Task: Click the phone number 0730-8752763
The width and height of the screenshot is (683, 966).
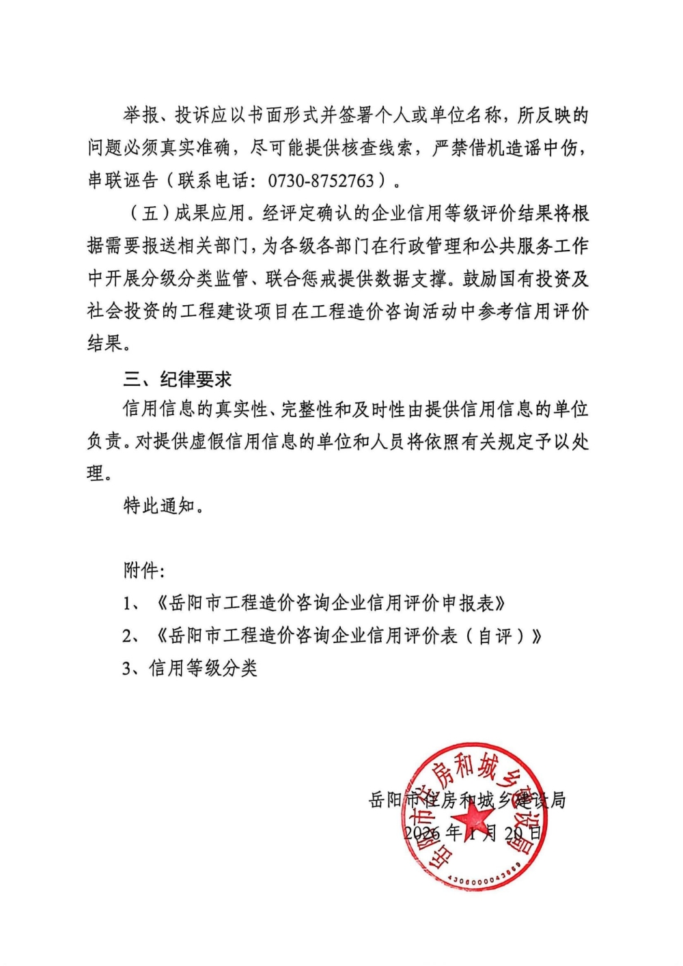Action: point(321,181)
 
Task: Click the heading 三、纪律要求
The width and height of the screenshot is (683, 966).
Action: point(178,379)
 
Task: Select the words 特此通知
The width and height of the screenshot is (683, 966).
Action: point(159,506)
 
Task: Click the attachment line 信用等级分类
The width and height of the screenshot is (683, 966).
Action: point(204,668)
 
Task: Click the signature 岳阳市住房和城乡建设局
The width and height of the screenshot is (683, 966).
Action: point(467,799)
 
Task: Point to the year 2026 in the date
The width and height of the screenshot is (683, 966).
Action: point(421,833)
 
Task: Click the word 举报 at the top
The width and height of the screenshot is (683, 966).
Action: point(141,115)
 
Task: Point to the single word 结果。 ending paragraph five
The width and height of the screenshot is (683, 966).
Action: point(108,343)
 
